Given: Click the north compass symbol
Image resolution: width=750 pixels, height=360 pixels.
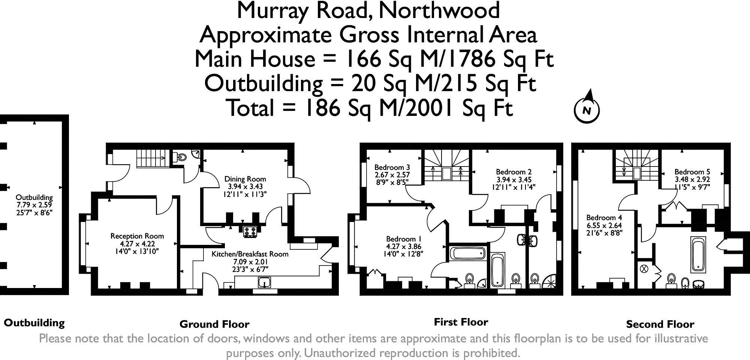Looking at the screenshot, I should [x=587, y=109].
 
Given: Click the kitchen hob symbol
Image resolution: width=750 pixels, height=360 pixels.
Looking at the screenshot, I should [x=250, y=232].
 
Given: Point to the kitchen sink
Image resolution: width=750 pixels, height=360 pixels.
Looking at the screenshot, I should [x=268, y=282].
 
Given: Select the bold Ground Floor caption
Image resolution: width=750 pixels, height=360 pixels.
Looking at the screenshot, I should [x=214, y=324].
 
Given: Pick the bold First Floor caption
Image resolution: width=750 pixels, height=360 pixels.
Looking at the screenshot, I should [x=461, y=322].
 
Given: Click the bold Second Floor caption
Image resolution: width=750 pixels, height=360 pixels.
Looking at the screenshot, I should [x=660, y=324].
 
